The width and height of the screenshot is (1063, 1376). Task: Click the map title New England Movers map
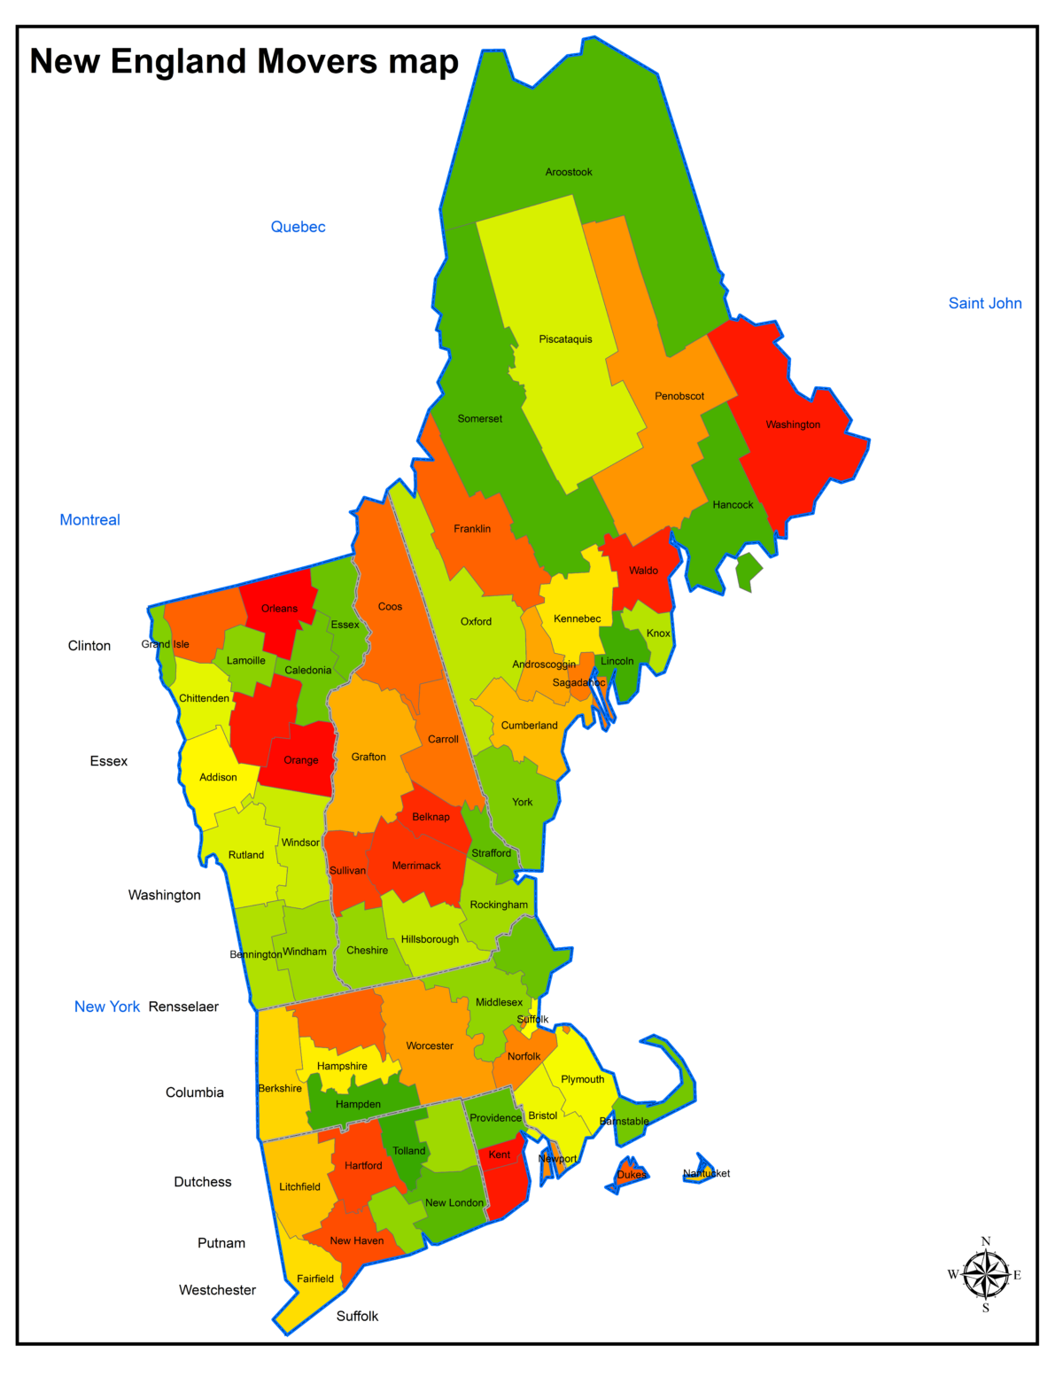[244, 61]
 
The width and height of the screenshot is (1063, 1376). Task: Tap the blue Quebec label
[298, 227]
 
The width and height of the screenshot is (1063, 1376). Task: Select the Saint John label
[985, 303]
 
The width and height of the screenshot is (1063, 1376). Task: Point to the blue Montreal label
[89, 520]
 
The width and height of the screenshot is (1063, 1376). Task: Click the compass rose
[985, 1275]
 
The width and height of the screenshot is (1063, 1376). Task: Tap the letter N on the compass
[986, 1241]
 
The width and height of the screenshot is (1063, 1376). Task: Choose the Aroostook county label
[569, 172]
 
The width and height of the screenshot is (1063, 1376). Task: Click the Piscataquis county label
[565, 339]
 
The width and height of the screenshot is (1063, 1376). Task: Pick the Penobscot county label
[679, 396]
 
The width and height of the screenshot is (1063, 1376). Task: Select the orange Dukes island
[630, 1175]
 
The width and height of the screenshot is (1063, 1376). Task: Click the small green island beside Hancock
[749, 571]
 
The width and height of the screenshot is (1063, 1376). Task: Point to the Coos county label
[390, 607]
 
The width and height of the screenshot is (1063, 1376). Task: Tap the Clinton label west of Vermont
[89, 646]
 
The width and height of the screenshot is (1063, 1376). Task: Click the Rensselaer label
[183, 1007]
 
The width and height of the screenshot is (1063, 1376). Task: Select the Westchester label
[217, 1290]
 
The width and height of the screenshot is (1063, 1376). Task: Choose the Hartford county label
[363, 1165]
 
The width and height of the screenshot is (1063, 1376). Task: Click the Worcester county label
[430, 1046]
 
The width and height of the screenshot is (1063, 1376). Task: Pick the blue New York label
[106, 1007]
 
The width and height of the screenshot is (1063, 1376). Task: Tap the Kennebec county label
[577, 618]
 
